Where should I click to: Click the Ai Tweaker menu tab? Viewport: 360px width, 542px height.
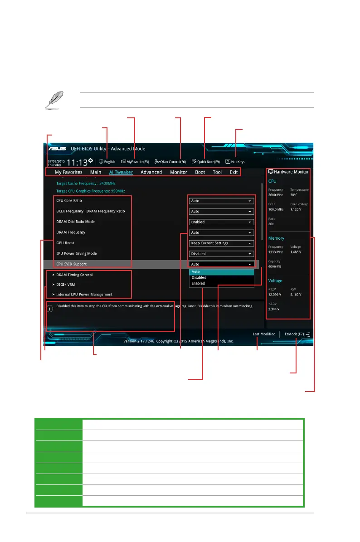(121, 172)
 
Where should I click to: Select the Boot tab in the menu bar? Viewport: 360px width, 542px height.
(200, 172)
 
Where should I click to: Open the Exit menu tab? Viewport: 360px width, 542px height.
(234, 172)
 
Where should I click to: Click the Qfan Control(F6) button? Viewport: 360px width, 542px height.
(170, 162)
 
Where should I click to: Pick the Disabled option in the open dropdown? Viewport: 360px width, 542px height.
(199, 277)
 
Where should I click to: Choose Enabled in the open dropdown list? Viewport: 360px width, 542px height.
(198, 283)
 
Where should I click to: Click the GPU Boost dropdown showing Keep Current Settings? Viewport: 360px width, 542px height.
(221, 243)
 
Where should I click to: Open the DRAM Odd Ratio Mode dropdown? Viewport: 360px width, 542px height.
(221, 222)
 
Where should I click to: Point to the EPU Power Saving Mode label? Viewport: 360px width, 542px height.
(76, 253)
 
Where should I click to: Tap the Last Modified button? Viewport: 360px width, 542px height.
(264, 334)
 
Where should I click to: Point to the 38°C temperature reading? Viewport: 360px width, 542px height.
(294, 195)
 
